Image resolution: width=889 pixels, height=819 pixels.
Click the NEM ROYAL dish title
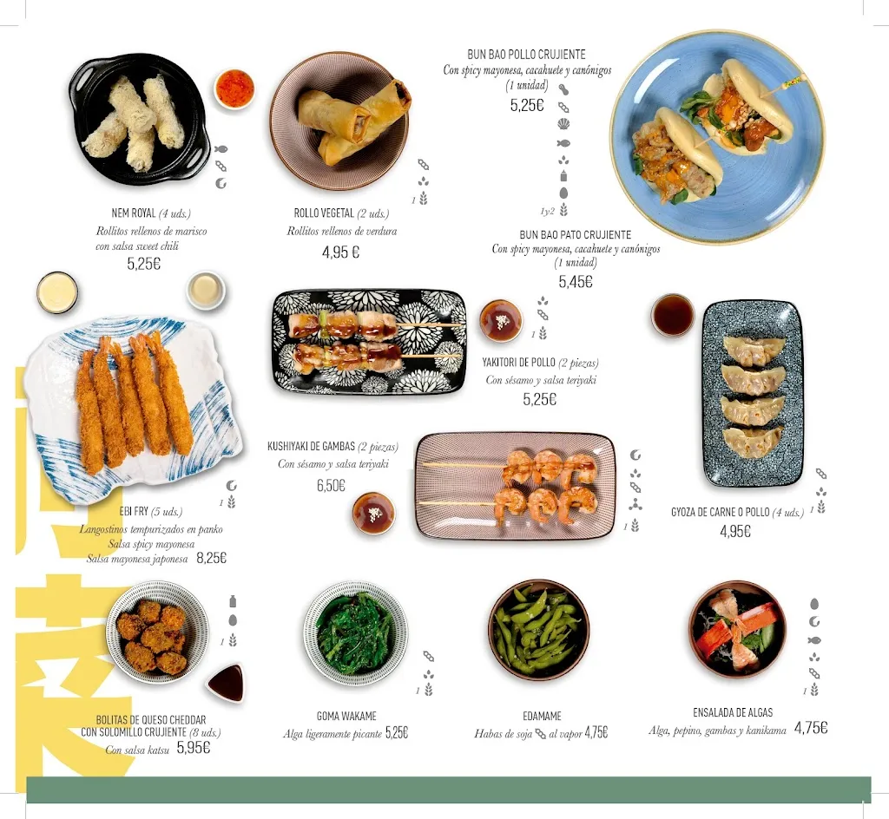pos(133,213)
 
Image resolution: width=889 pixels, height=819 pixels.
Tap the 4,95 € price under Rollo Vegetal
pos(340,252)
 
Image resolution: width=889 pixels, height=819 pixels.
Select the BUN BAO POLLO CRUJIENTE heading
pos(526,55)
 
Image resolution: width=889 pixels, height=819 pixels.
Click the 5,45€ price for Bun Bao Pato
pos(576,281)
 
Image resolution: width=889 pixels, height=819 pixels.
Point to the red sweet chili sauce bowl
pos(234,88)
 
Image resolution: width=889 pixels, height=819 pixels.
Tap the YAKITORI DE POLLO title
pos(519,363)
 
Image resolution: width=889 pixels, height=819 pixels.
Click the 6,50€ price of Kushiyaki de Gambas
pos(331,485)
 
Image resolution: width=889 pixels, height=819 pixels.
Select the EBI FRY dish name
pos(134,512)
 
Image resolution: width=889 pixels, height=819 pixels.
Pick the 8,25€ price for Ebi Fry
pos(212,558)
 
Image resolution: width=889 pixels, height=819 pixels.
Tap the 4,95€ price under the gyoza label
pos(735,531)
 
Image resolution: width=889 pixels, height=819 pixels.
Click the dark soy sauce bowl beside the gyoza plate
pos(673,315)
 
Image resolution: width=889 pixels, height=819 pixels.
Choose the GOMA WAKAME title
pos(346,716)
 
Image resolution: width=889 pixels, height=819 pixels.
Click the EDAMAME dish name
pos(542,716)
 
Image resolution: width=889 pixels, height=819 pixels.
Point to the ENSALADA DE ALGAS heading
pos(733,712)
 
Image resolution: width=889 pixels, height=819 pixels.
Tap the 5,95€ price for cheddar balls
pos(194,748)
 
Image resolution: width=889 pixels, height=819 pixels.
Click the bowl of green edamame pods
pos(538,630)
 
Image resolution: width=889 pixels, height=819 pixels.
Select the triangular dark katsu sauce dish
pos(227,682)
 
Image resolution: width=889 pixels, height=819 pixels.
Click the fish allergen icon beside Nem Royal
pos(221,149)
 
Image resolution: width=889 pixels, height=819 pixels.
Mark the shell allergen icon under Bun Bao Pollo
pos(563,124)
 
